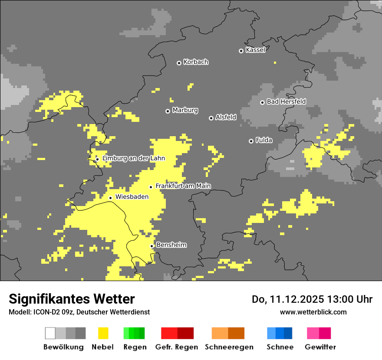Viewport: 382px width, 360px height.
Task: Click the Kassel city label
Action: [255, 50]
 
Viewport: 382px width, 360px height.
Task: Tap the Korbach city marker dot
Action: [179, 63]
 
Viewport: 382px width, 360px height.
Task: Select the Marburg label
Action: [185, 110]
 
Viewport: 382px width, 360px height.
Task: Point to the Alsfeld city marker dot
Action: [211, 118]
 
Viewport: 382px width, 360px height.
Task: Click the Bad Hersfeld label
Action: [286, 101]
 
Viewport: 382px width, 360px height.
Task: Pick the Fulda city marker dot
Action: [251, 141]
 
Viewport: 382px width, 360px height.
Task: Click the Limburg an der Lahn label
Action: [133, 158]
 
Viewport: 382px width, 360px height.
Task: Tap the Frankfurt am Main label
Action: [183, 186]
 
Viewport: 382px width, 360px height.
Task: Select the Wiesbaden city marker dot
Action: [110, 198]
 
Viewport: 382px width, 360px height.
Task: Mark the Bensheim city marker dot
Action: [152, 246]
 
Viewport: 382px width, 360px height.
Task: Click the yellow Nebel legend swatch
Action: [103, 333]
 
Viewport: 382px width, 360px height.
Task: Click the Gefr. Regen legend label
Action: [177, 347]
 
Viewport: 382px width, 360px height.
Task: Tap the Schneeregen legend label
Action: [229, 347]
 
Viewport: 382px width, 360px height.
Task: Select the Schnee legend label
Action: [280, 347]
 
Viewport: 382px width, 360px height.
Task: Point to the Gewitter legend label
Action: [320, 347]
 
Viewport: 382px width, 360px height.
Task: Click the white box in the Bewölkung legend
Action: [50, 333]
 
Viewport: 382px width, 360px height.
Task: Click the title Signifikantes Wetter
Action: [72, 299]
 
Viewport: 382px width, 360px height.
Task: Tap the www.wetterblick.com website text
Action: [313, 312]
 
